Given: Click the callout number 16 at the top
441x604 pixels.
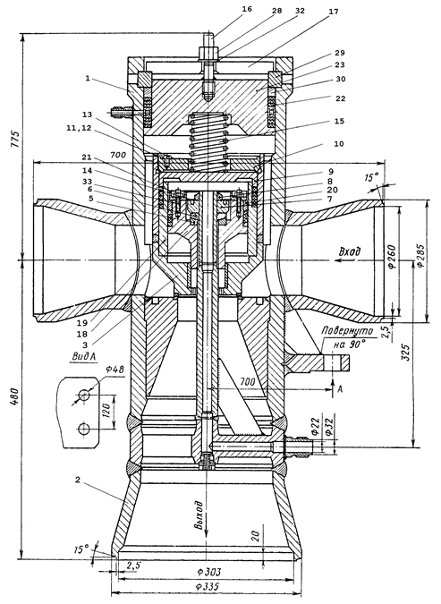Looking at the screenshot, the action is (x=247, y=8).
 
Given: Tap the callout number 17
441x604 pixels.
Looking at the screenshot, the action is (x=334, y=12).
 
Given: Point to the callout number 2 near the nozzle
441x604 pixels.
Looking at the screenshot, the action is (x=78, y=481).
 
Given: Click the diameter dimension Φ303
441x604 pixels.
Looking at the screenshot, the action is (x=208, y=571).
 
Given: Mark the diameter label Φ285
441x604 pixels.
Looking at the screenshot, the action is (x=419, y=256).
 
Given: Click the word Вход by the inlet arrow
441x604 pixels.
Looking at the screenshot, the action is (x=350, y=251).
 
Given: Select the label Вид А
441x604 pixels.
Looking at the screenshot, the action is (x=84, y=357).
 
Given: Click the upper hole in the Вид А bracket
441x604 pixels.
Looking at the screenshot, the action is (x=83, y=395).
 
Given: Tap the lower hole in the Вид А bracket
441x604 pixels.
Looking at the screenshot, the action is (x=83, y=428).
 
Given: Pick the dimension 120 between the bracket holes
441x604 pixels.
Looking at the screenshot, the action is (x=107, y=411).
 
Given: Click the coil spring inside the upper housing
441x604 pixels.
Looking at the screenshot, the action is (x=208, y=141).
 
